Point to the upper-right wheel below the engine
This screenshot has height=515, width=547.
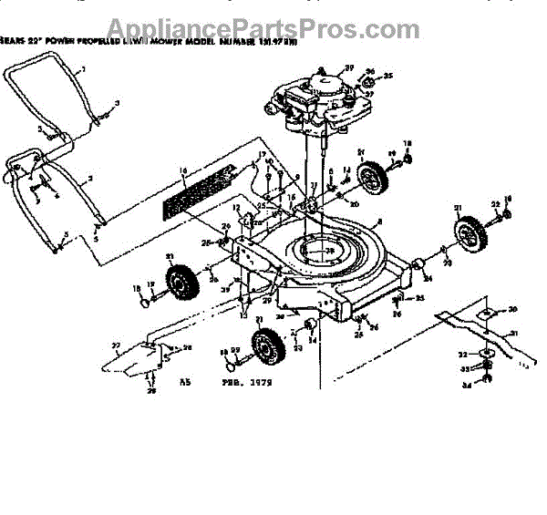[x=372, y=177]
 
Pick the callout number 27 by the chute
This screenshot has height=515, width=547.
[x=116, y=344]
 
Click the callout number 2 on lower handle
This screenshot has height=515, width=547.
[x=88, y=180]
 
